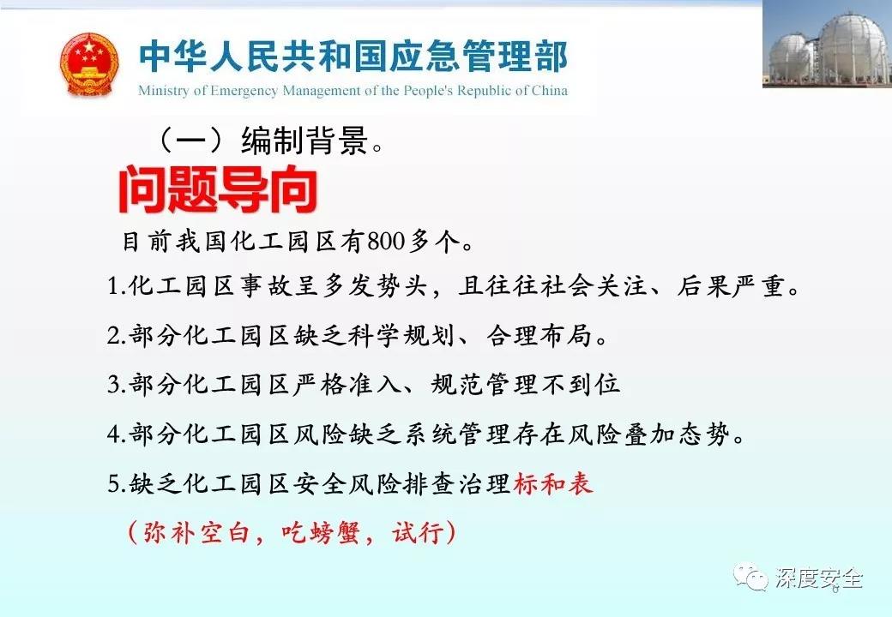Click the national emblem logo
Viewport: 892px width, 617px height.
tap(89, 64)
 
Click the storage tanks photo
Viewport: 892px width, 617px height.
tap(827, 44)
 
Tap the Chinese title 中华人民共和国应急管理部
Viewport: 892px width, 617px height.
tap(353, 57)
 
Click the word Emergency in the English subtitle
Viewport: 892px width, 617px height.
tap(244, 91)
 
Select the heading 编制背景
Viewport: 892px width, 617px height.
tap(305, 141)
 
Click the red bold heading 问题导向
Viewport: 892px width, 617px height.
tap(217, 189)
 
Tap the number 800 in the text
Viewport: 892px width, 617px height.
tap(386, 242)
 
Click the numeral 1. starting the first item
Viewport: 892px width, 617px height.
tap(116, 285)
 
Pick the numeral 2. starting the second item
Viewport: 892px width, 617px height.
tap(116, 336)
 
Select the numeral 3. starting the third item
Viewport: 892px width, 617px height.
tap(116, 386)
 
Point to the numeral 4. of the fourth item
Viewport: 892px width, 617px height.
tap(116, 434)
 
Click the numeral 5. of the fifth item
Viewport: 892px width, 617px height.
tap(116, 484)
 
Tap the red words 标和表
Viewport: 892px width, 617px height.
tap(553, 484)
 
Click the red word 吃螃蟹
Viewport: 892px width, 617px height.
tap(321, 533)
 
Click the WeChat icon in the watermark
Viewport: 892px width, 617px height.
tap(750, 578)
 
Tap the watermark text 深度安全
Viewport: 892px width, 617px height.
tap(818, 578)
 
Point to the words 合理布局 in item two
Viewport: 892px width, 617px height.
tap(539, 336)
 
